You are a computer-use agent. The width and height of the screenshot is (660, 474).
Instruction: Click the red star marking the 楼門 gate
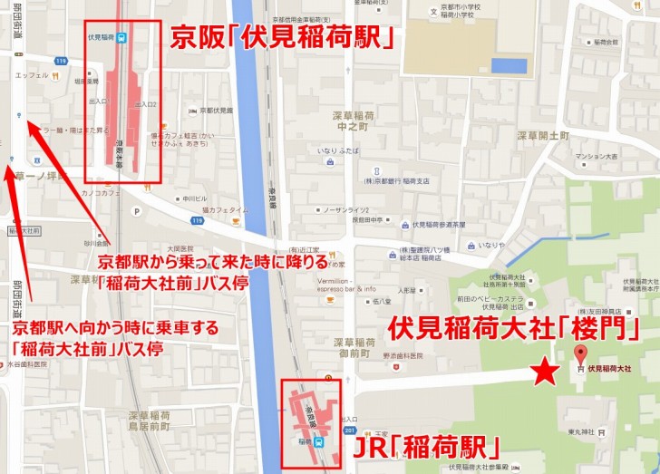[544, 372]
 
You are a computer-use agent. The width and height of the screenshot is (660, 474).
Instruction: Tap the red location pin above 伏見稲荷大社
[581, 354]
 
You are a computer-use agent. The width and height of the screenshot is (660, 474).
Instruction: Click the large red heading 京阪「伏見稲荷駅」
[288, 40]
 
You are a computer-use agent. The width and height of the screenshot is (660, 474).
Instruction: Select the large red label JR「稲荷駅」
[421, 447]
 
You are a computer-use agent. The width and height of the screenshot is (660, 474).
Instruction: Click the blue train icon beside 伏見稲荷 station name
[121, 38]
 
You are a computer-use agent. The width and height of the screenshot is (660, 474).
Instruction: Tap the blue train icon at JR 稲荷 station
[319, 441]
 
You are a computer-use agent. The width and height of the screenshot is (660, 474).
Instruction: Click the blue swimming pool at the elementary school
[509, 65]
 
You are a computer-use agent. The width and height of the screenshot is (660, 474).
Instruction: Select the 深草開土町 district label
[542, 135]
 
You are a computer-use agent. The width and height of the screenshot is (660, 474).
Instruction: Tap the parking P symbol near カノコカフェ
[136, 212]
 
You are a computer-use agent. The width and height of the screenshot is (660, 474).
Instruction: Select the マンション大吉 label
[596, 156]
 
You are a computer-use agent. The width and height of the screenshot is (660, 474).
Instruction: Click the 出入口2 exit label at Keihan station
[147, 105]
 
